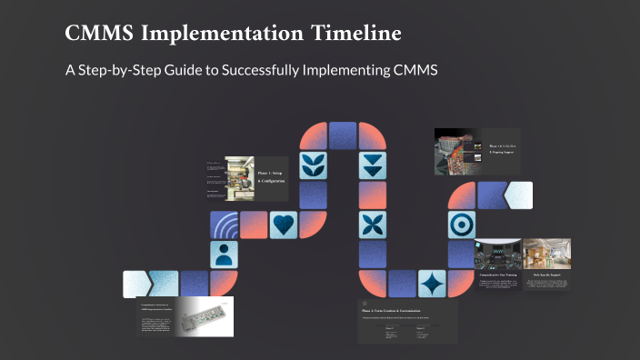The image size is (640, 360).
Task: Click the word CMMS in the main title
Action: pos(101,35)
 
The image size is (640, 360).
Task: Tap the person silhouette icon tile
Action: pos(224,254)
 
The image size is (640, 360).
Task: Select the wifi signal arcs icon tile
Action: pos(224,225)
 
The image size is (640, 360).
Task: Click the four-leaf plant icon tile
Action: pos(313,165)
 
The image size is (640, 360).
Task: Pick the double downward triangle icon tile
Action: pos(372,165)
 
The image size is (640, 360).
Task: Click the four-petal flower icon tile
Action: pos(372,225)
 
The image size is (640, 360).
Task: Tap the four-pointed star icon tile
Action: pos(431,284)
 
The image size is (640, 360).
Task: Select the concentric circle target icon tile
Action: pos(461,225)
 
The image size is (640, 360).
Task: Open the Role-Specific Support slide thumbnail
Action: pos(546,265)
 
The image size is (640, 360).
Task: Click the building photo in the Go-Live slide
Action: pos(459,151)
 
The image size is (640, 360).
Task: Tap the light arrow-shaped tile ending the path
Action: pos(519,195)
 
